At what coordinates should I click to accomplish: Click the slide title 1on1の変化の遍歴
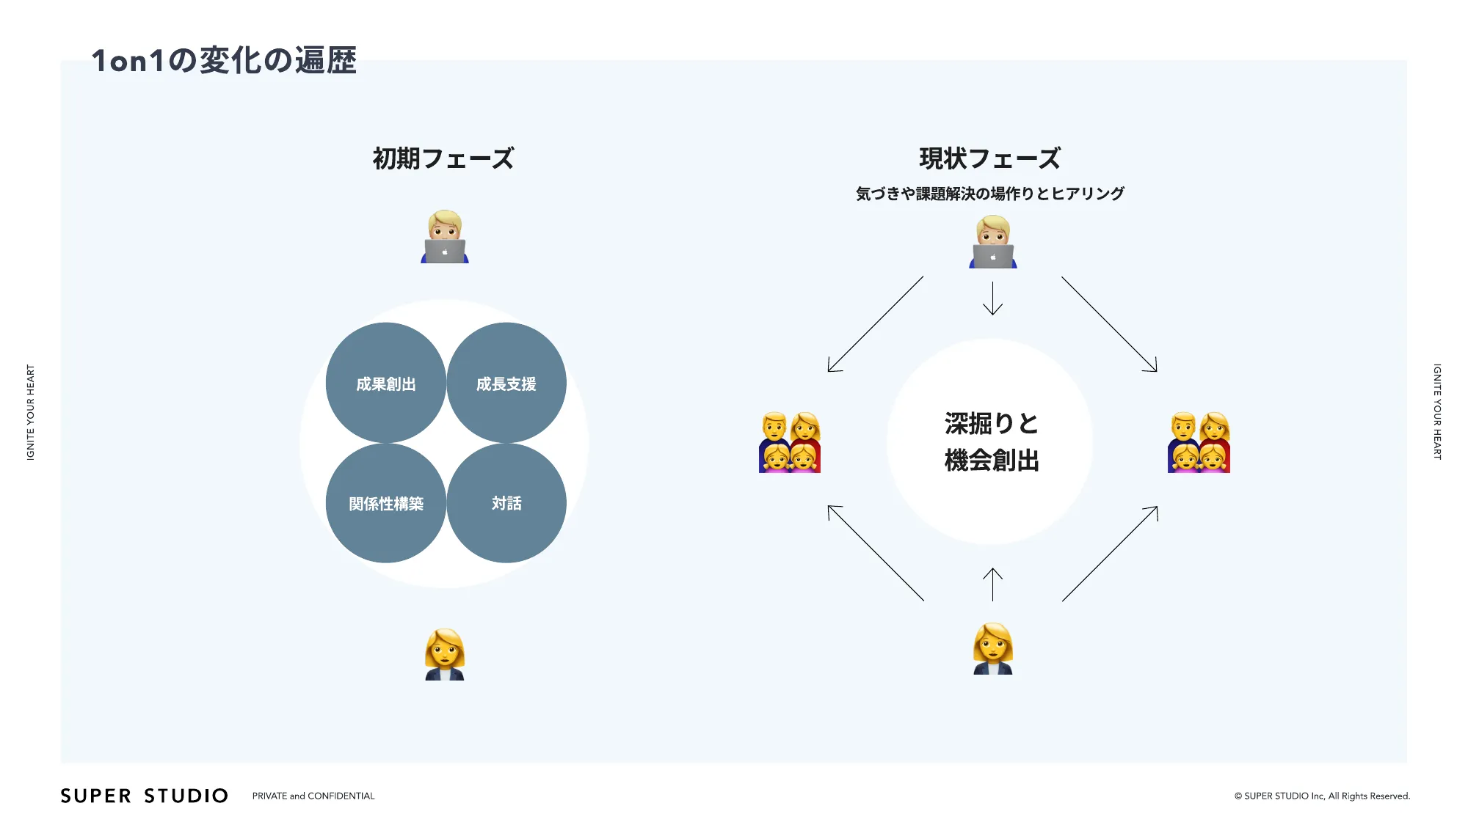click(x=224, y=60)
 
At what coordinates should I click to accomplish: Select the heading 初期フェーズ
click(x=443, y=158)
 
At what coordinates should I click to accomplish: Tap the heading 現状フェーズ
click(x=989, y=158)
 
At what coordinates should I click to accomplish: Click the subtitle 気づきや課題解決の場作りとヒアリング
click(x=989, y=194)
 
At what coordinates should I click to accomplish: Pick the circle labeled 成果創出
click(x=386, y=384)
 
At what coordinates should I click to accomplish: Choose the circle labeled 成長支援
click(x=506, y=384)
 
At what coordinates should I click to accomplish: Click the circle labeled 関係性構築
click(x=386, y=504)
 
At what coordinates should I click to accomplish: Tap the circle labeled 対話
click(x=506, y=504)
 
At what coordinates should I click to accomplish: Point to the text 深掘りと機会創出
click(x=992, y=442)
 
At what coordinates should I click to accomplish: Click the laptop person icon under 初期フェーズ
click(x=445, y=237)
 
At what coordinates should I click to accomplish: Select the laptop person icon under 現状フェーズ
click(x=993, y=242)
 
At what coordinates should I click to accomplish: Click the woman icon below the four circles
click(x=445, y=654)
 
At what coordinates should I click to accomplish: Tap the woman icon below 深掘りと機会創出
click(x=993, y=649)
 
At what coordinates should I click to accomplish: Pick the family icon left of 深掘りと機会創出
click(x=790, y=442)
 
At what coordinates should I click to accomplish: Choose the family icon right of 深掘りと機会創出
click(x=1199, y=442)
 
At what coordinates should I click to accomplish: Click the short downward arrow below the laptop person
click(x=992, y=298)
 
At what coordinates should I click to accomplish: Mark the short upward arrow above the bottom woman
click(x=992, y=584)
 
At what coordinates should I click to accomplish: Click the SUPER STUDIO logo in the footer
click(x=145, y=796)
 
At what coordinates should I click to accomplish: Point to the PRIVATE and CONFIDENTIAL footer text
click(x=313, y=796)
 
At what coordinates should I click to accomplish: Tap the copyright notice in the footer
click(x=1322, y=796)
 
